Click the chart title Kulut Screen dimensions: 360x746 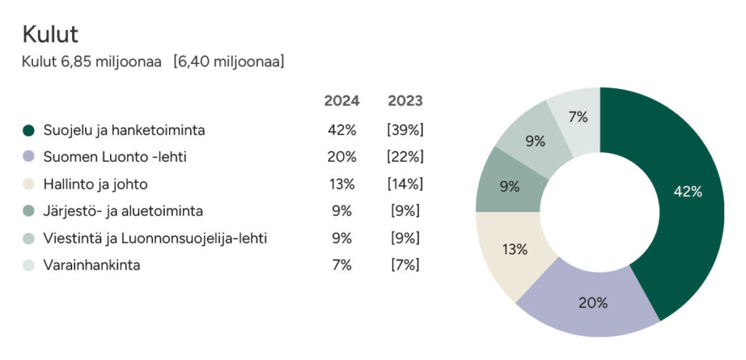(50, 34)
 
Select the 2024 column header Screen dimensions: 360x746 (342, 101)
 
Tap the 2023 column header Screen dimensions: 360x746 (405, 101)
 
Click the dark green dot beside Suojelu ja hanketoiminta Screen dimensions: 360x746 (28, 130)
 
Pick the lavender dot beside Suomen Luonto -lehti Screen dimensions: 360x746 (28, 157)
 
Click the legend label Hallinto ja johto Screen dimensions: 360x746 (95, 184)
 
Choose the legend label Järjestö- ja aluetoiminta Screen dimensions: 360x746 (123, 211)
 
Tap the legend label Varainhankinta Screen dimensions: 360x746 (92, 265)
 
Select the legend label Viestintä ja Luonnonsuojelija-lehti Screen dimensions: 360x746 (155, 238)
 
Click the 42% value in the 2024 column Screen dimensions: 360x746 (342, 130)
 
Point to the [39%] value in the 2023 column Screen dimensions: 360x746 (405, 130)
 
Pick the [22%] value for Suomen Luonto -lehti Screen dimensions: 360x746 (405, 157)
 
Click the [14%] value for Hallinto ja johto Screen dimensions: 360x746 (405, 184)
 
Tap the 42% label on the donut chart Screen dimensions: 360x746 (688, 192)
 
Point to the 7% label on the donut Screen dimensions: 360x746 (578, 117)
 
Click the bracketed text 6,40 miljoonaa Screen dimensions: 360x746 (229, 62)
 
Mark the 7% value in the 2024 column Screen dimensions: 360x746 (342, 265)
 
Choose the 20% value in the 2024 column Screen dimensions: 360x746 (342, 157)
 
